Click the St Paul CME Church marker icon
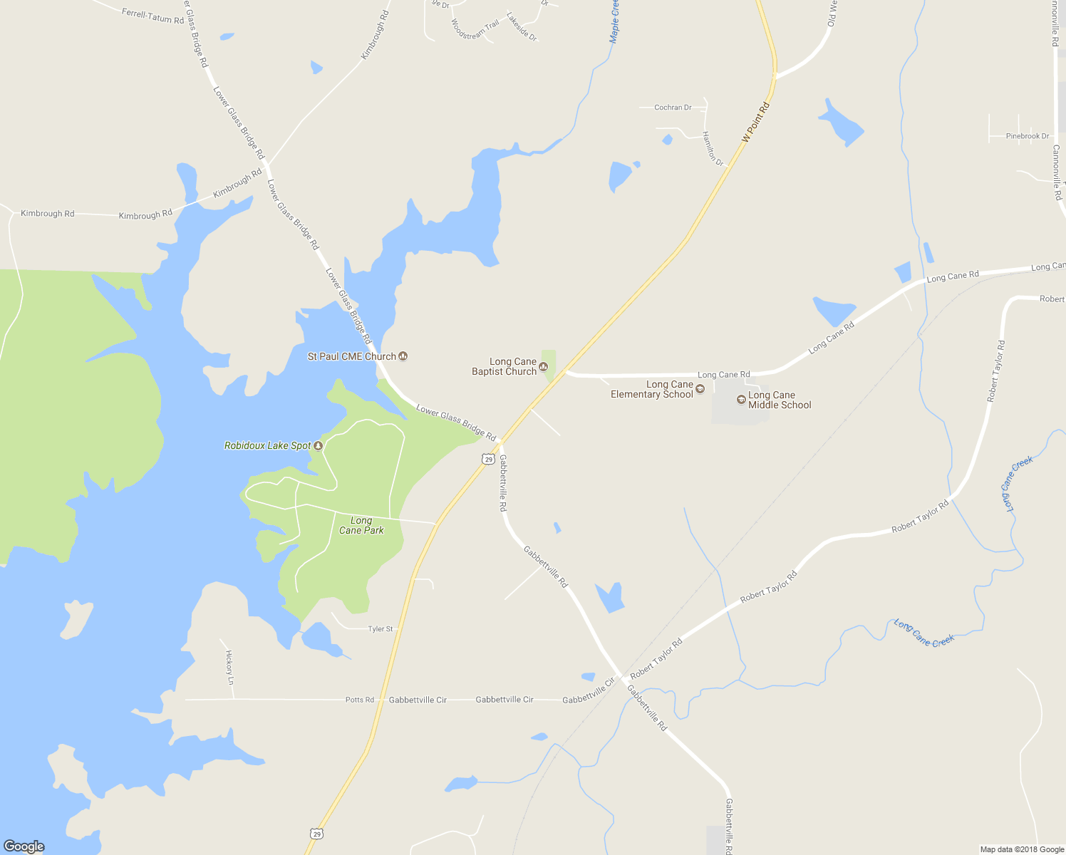pos(403,356)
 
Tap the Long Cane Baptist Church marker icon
pos(544,367)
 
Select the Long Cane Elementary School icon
pos(700,389)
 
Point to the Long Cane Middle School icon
pos(741,400)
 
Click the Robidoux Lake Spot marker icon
pos(319,446)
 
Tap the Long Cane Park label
pos(361,526)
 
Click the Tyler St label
pos(381,629)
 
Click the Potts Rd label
pos(360,700)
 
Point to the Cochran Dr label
pos(673,108)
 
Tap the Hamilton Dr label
pos(713,149)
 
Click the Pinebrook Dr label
pos(1028,136)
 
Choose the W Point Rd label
pos(756,123)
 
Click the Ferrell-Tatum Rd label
pos(152,16)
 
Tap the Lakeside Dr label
pos(522,26)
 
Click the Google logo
pos(24,846)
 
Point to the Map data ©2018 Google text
pos(1022,849)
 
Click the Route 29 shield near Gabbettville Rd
pos(488,460)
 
